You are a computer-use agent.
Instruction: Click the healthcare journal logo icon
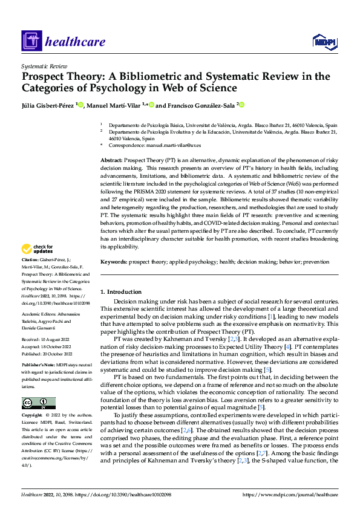30,41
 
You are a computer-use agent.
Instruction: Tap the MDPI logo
323,41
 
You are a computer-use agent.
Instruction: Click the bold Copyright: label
33,416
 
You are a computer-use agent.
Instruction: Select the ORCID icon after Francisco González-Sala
241,105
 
